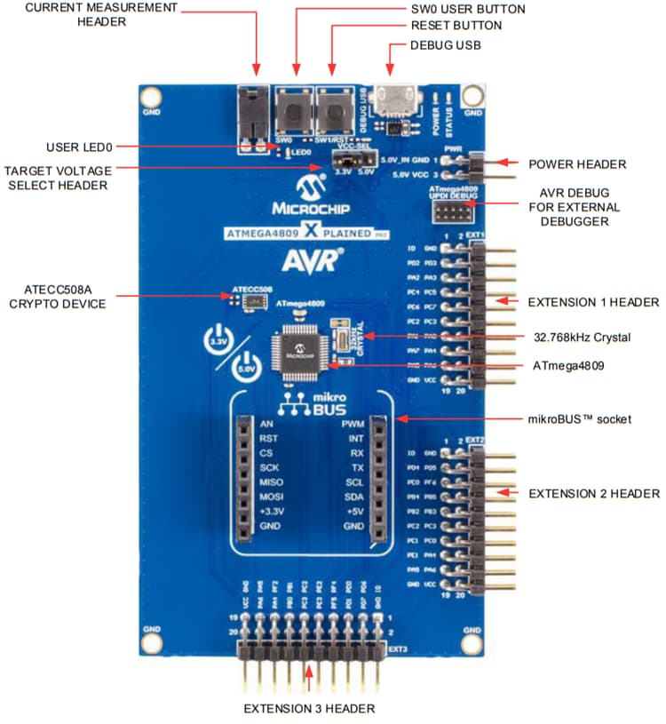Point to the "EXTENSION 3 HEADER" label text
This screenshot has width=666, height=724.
309,708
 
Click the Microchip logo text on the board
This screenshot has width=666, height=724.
308,210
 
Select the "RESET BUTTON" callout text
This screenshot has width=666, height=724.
458,26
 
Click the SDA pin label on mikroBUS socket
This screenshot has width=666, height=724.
353,497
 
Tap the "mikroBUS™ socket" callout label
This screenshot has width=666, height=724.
579,418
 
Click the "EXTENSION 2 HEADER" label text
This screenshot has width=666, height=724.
593,493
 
